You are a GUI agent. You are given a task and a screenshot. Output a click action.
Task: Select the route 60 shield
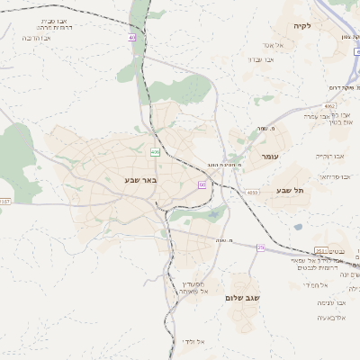(202, 184)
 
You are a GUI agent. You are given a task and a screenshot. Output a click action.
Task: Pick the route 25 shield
(261, 247)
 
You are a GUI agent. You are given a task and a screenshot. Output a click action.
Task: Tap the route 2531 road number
(321, 251)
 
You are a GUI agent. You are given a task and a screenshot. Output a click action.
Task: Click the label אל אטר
(274, 45)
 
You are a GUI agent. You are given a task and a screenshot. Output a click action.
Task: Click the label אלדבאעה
(332, 318)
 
